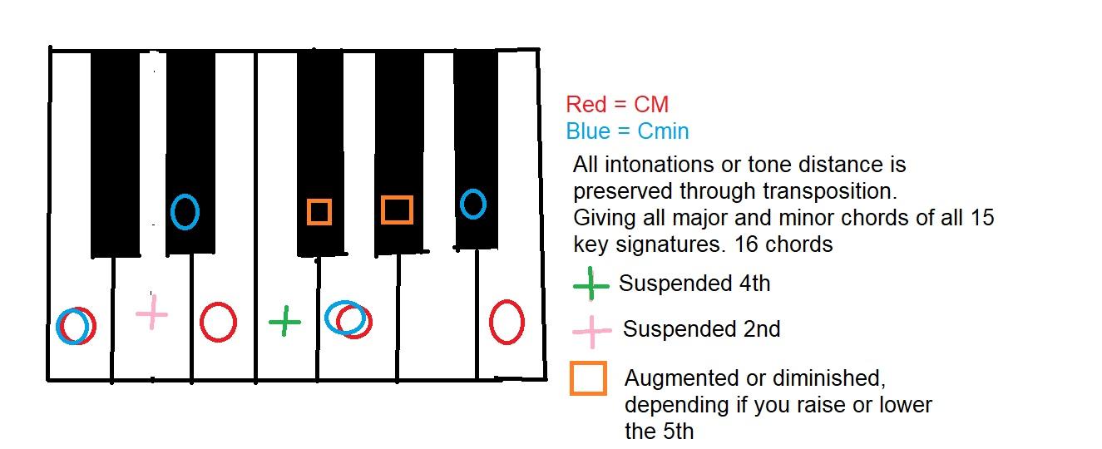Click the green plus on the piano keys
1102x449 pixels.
284,322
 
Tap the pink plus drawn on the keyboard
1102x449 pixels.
152,313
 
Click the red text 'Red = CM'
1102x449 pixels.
617,104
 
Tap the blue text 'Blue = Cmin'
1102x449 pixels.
627,131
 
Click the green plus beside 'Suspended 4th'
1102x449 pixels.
591,284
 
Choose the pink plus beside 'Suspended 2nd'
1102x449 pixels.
592,331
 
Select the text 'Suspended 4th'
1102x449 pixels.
694,284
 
